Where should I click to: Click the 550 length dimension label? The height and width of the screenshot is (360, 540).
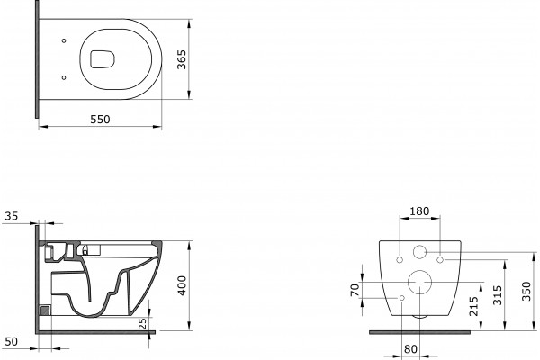[x=100, y=119]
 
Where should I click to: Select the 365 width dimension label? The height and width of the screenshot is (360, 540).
[x=181, y=59]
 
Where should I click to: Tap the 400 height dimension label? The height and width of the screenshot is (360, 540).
[x=182, y=285]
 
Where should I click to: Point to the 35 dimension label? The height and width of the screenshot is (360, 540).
[x=11, y=216]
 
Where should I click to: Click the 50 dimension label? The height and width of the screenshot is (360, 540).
[x=11, y=341]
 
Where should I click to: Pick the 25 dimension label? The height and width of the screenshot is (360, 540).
[x=142, y=323]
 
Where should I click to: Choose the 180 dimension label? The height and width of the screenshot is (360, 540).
[x=419, y=211]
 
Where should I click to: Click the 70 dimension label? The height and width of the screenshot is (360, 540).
[x=355, y=290]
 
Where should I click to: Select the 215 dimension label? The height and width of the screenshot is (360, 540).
[x=474, y=306]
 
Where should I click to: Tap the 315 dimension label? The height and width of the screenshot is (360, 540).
[x=498, y=295]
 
